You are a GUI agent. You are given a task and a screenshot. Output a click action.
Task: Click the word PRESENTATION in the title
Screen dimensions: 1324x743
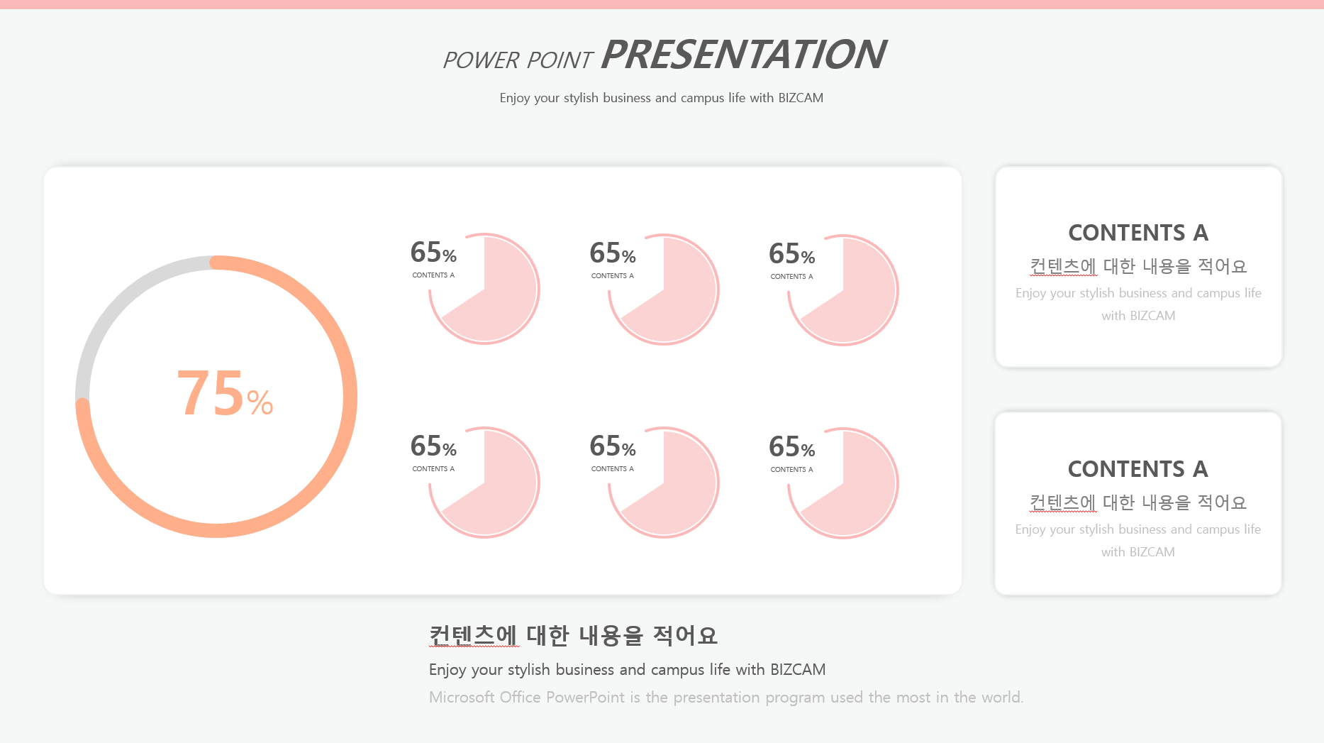[x=743, y=55]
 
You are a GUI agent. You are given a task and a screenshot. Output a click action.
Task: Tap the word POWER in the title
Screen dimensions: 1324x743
[x=481, y=60]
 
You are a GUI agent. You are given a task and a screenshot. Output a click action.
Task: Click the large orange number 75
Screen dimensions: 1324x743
[x=211, y=393]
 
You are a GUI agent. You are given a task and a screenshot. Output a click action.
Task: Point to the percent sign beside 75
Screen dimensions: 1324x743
[x=260, y=402]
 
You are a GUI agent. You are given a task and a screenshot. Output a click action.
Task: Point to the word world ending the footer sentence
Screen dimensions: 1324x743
[x=1002, y=697]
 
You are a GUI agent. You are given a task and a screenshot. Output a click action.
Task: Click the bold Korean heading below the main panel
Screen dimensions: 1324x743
[x=573, y=635]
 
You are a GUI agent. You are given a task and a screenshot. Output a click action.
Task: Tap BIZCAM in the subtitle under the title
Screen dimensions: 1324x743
[x=801, y=98]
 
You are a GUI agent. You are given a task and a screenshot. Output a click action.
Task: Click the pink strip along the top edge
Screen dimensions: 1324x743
[x=662, y=4]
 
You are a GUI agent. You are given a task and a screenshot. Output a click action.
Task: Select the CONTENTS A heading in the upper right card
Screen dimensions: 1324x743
[x=1138, y=233]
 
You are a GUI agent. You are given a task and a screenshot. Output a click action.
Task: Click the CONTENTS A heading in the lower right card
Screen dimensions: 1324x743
[x=1138, y=469]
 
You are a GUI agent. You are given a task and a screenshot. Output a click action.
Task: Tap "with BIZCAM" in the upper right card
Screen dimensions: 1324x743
[x=1138, y=316]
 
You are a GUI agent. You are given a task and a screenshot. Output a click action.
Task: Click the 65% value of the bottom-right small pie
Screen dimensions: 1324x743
[x=792, y=447]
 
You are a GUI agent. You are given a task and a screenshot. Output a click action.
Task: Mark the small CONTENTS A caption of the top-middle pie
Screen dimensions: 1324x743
[x=613, y=275]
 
